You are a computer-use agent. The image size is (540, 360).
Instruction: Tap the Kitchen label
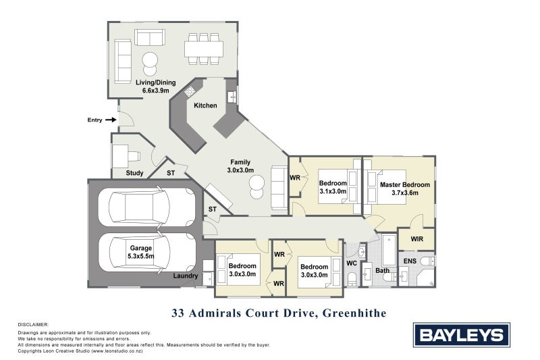[205, 105]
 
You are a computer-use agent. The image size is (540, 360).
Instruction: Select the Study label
[134, 173]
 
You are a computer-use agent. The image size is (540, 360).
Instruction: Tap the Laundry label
[185, 276]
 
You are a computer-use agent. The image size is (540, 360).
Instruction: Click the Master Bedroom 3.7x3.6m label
[404, 188]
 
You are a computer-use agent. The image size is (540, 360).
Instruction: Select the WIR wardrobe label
[416, 238]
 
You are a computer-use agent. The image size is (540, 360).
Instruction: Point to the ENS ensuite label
[409, 260]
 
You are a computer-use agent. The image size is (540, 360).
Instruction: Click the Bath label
[383, 271]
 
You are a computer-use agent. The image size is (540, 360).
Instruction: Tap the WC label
[351, 262]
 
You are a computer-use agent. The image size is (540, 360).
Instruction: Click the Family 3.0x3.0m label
[241, 166]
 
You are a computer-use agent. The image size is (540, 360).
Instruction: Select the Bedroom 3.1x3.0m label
[333, 187]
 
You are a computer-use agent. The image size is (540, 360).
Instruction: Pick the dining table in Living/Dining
[204, 49]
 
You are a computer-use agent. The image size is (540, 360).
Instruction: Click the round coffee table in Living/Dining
[150, 59]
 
